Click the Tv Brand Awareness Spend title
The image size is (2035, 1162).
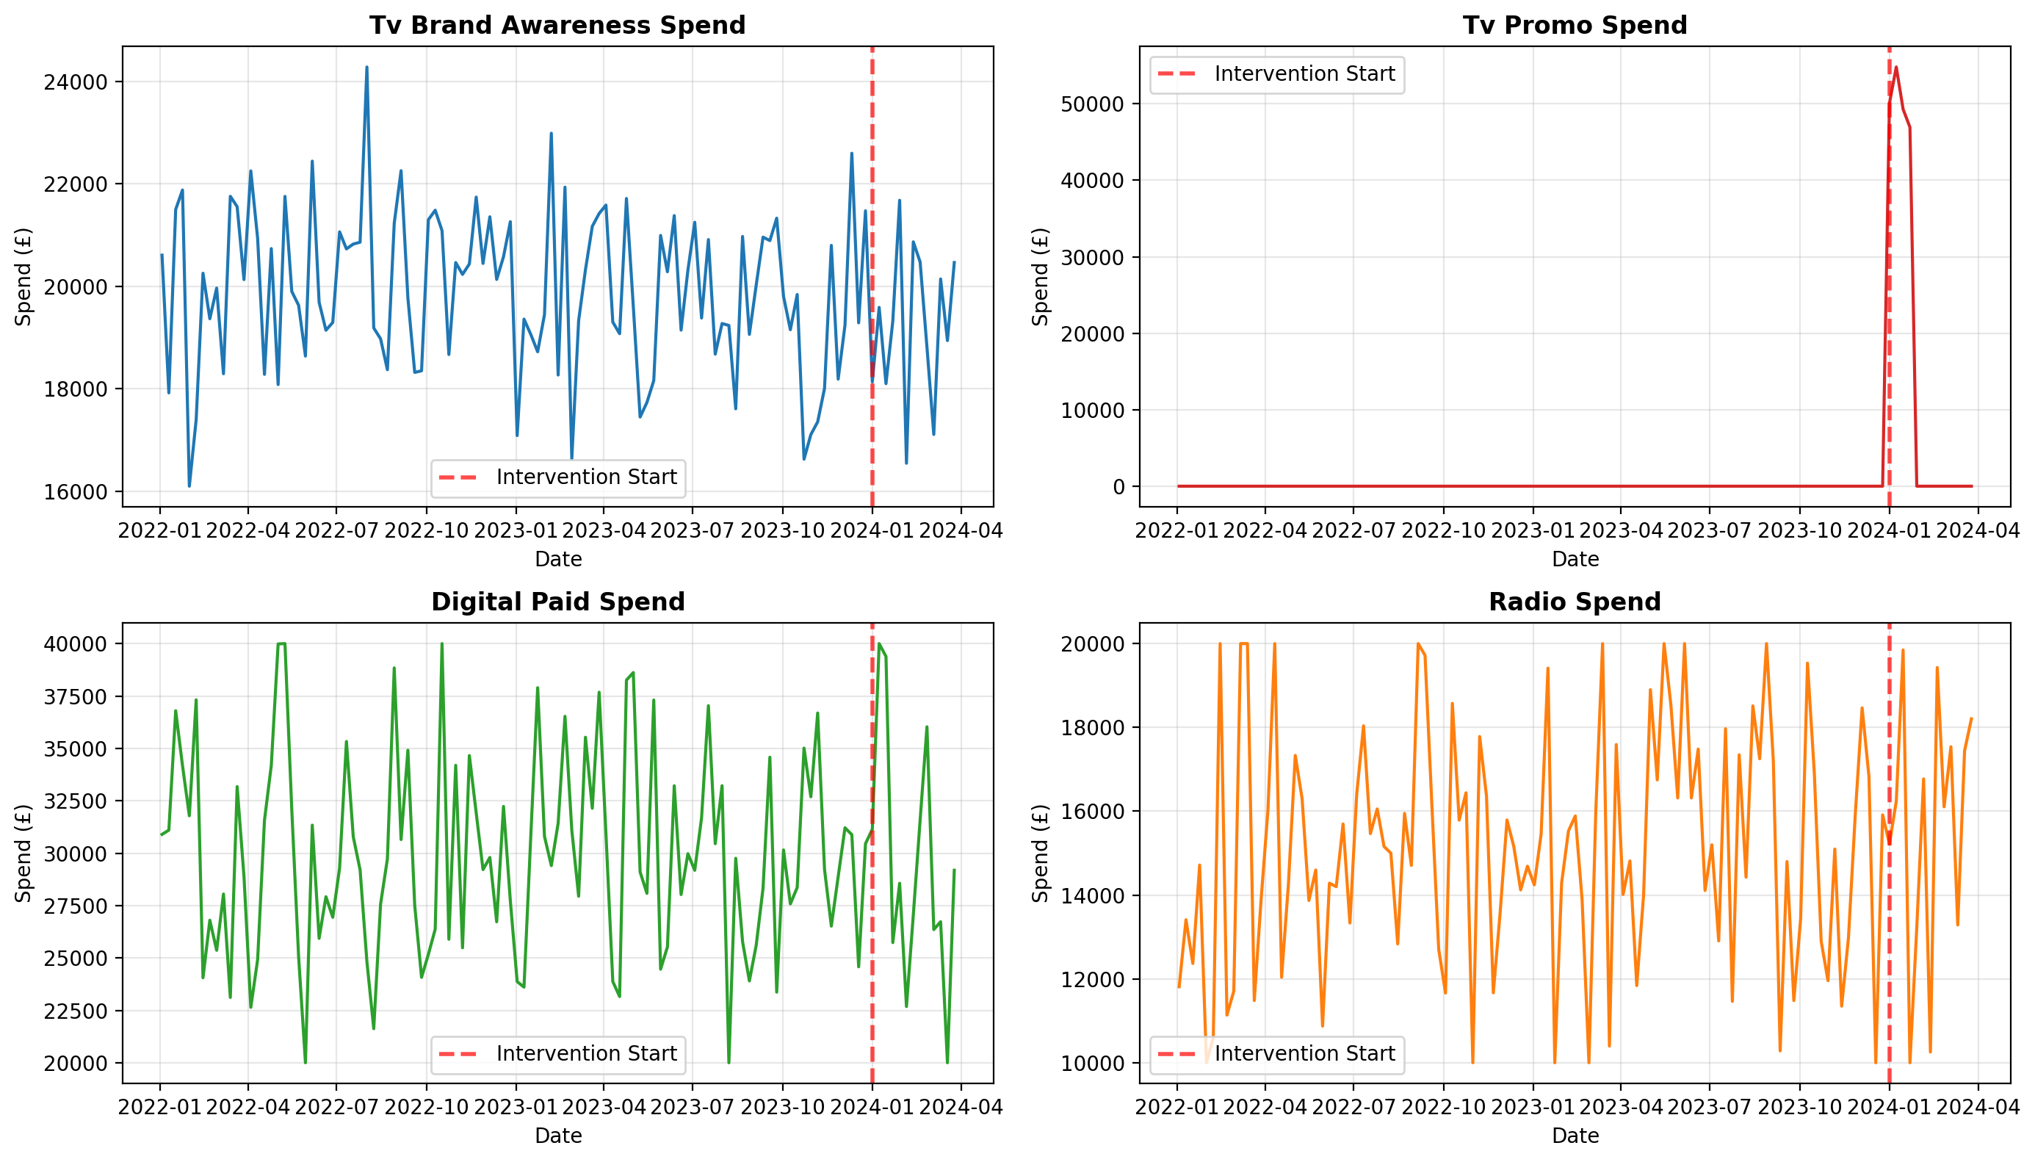[x=557, y=26]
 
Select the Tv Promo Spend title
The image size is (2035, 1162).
[x=1574, y=26]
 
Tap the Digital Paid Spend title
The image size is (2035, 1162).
[x=557, y=602]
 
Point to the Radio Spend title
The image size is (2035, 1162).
[x=1574, y=602]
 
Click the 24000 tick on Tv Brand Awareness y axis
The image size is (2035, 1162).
[x=75, y=82]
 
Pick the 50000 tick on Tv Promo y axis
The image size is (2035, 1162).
[x=1092, y=104]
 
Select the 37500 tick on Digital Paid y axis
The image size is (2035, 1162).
[x=75, y=697]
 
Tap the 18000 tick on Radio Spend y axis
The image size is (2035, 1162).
[x=1092, y=728]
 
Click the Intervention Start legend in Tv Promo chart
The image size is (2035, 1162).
[x=1276, y=74]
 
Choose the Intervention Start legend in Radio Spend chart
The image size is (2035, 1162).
[x=1276, y=1054]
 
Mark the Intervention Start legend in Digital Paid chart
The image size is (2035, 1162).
[x=558, y=1054]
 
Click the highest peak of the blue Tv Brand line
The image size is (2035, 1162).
[x=367, y=68]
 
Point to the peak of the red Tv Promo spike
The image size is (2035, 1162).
[x=1896, y=68]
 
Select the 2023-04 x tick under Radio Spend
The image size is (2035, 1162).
[x=1620, y=1107]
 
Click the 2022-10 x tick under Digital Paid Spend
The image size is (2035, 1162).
[x=426, y=1107]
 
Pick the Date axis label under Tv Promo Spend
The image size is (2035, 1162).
[x=1575, y=560]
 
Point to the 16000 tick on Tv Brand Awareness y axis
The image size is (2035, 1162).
[x=75, y=492]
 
